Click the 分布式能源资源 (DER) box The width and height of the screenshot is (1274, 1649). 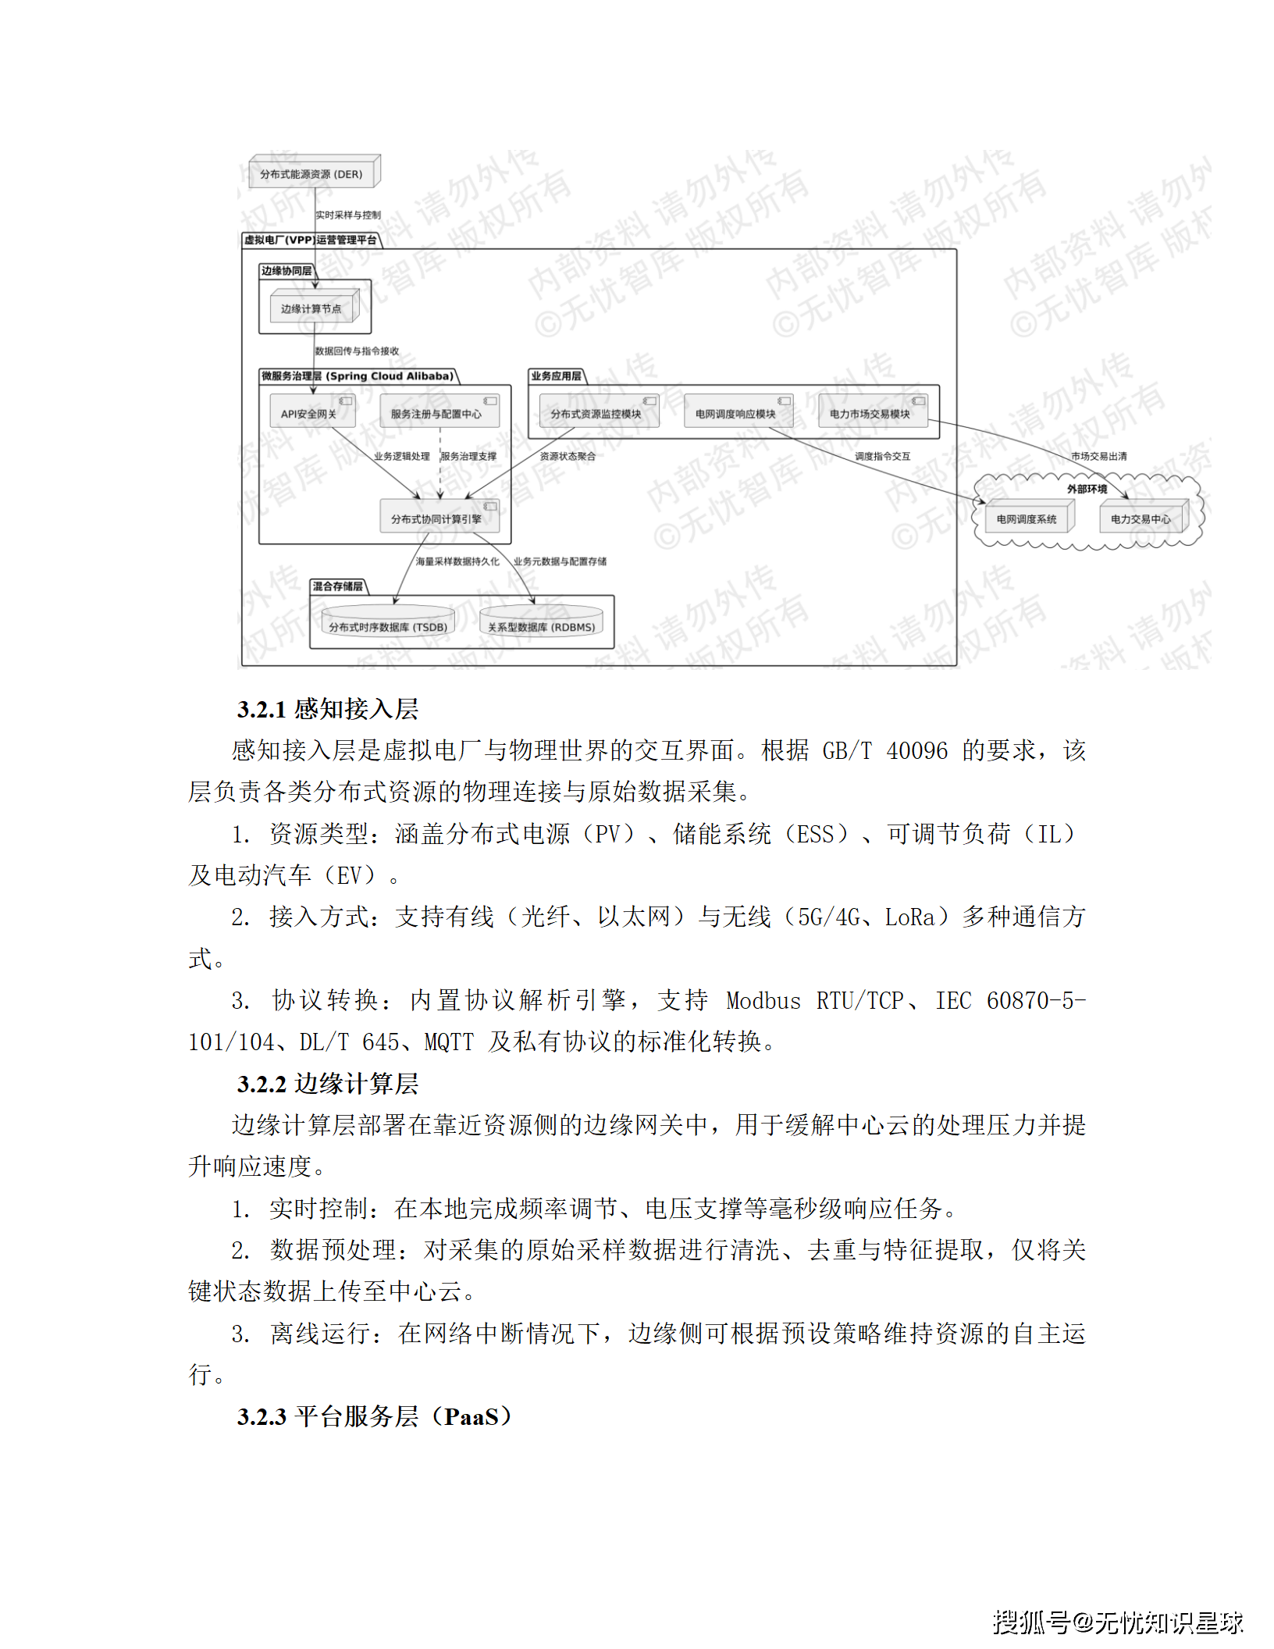pyautogui.click(x=311, y=173)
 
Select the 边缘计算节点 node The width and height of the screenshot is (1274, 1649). pyautogui.click(x=311, y=308)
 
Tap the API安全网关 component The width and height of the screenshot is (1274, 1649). pyautogui.click(x=309, y=413)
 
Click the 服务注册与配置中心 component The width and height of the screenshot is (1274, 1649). pyautogui.click(x=436, y=413)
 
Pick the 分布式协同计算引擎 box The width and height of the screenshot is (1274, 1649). pyautogui.click(x=436, y=518)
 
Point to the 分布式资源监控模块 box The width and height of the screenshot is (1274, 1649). pyautogui.click(x=596, y=413)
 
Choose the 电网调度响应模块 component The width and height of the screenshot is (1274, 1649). pyautogui.click(x=735, y=413)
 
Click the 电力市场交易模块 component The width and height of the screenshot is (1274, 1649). pyautogui.click(x=870, y=413)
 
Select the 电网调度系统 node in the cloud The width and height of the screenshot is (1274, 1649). pyautogui.click(x=1026, y=518)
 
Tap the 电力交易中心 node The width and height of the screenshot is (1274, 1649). pyautogui.click(x=1141, y=518)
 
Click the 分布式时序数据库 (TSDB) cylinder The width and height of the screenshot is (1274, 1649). pyautogui.click(x=388, y=626)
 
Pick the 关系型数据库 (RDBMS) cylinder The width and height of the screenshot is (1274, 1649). pyautogui.click(x=541, y=626)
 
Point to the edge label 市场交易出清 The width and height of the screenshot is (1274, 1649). pyautogui.click(x=1098, y=456)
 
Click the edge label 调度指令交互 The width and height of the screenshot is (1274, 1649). pyautogui.click(x=882, y=456)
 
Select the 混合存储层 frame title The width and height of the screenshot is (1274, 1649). pyautogui.click(x=337, y=586)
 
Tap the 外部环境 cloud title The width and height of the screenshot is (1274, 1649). pyautogui.click(x=1087, y=489)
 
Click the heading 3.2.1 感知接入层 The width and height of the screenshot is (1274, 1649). pyautogui.click(x=328, y=709)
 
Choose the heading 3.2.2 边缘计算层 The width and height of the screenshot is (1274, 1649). pyautogui.click(x=328, y=1084)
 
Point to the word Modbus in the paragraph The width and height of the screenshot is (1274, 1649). pyautogui.click(x=763, y=1001)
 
